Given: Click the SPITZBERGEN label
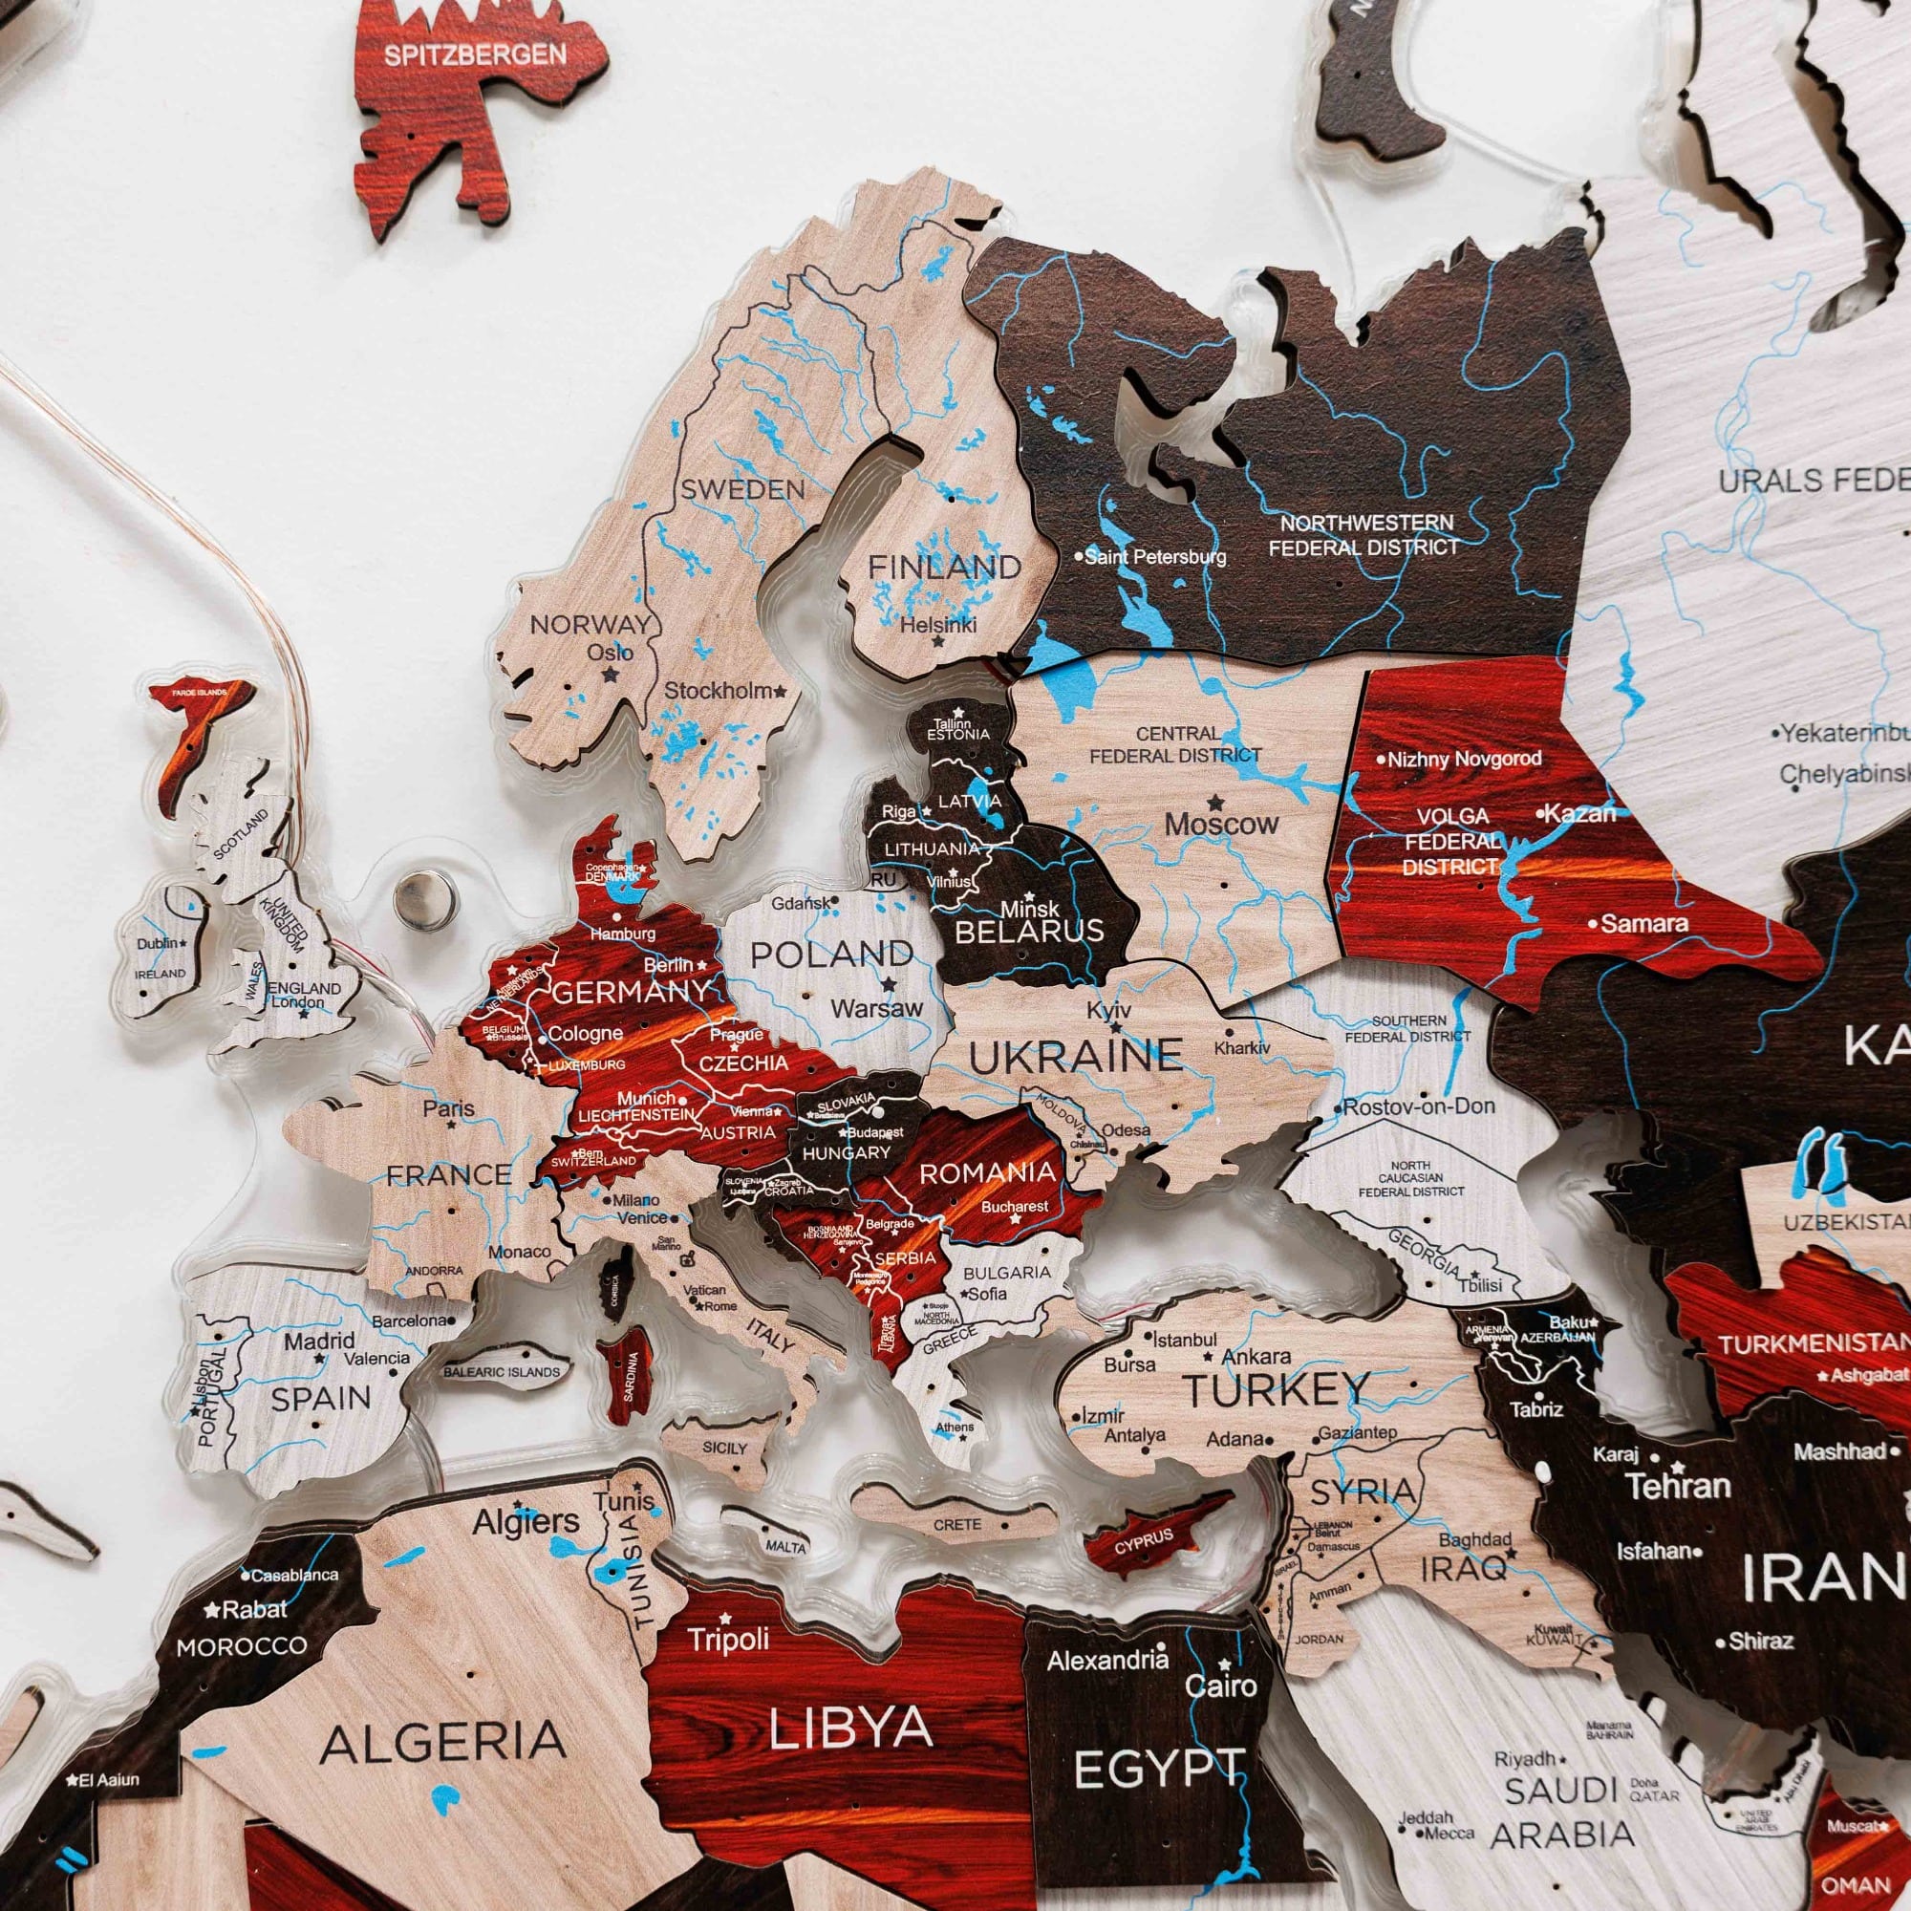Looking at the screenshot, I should [x=475, y=54].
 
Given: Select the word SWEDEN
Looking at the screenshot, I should [x=742, y=488].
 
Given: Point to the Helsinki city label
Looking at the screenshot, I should [x=937, y=624].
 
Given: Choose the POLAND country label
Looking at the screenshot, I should [x=831, y=955].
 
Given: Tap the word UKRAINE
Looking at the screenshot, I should [x=1075, y=1057].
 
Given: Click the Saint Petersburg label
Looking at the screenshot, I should [x=1154, y=557].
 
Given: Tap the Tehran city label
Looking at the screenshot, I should [x=1679, y=1486].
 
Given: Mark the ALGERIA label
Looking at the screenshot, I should [x=442, y=1743].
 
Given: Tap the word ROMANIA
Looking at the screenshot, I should [x=987, y=1173].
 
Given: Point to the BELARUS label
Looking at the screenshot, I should [x=1029, y=930].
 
